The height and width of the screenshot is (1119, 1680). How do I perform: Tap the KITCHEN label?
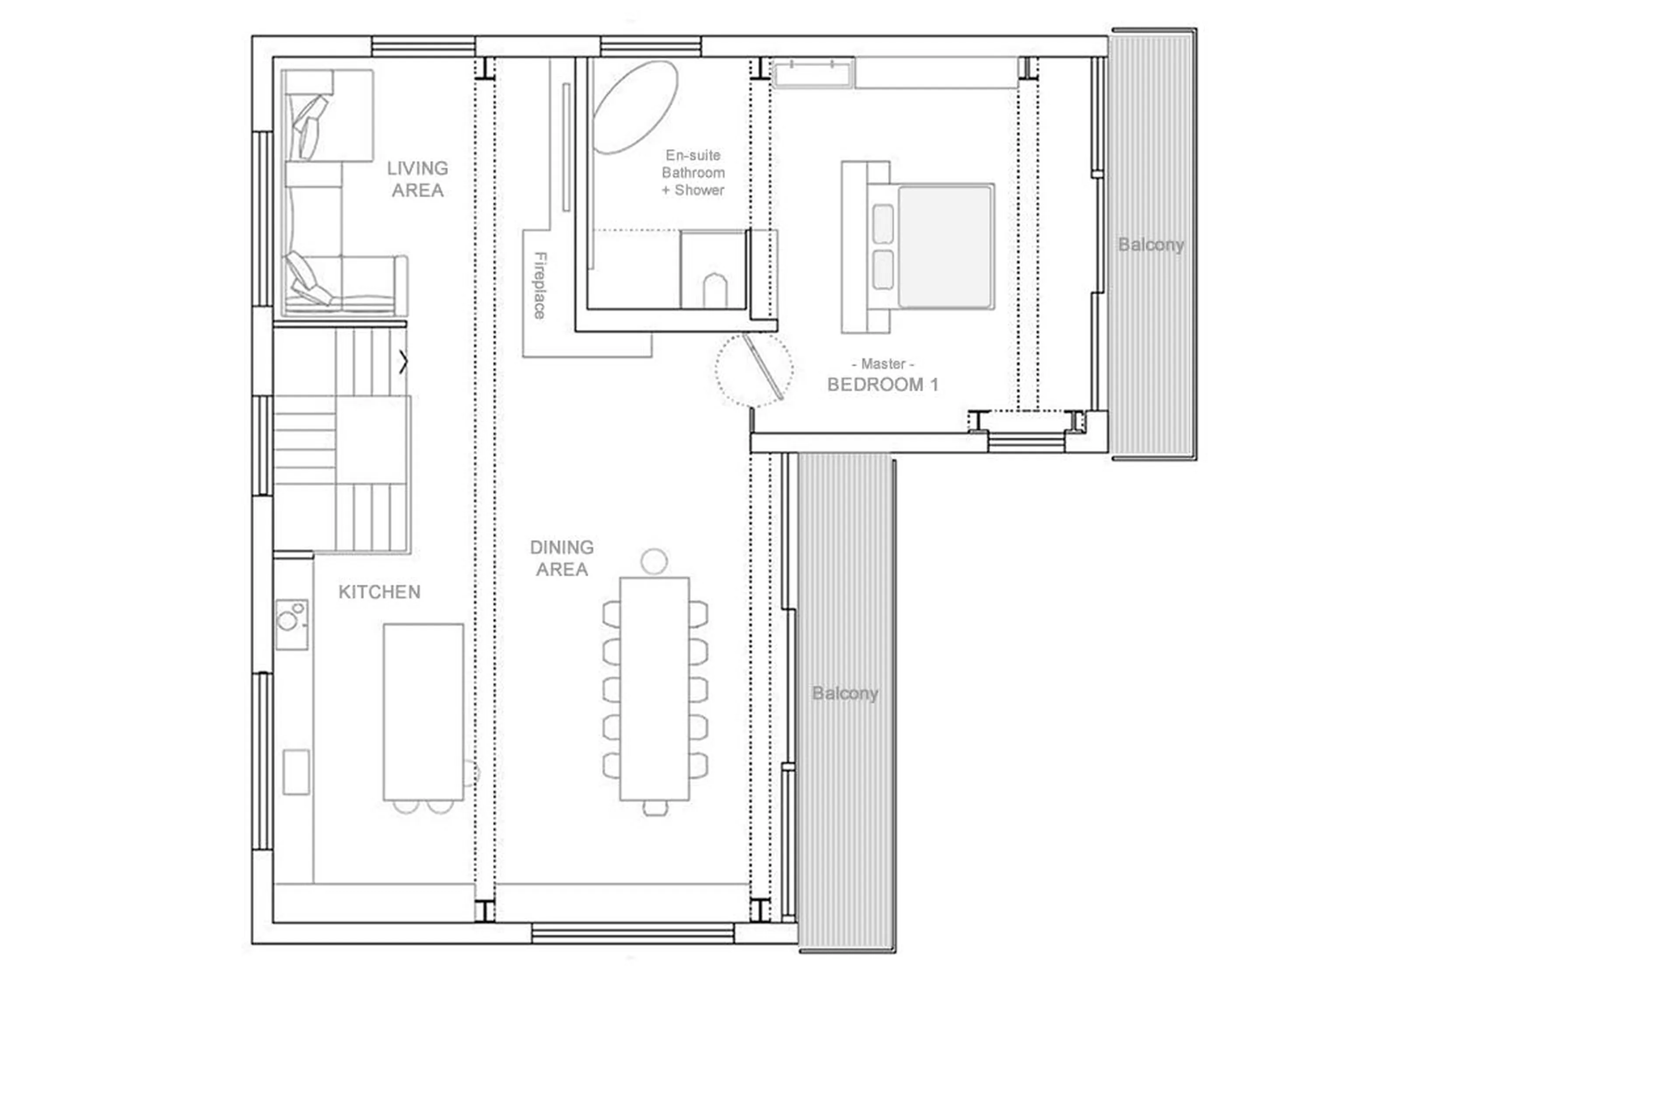pyautogui.click(x=379, y=592)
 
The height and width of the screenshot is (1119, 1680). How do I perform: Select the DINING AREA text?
pyautogui.click(x=561, y=558)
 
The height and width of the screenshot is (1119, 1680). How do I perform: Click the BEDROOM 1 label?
pyautogui.click(x=882, y=385)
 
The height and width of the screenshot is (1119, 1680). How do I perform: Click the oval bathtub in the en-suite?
pyautogui.click(x=634, y=107)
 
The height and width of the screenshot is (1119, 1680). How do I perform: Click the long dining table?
pyautogui.click(x=654, y=689)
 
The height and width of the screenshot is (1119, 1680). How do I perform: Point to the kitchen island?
pyautogui.click(x=423, y=711)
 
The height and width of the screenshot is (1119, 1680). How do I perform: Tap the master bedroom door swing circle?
pyautogui.click(x=753, y=369)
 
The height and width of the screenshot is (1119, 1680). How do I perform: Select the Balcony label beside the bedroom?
pyautogui.click(x=1150, y=245)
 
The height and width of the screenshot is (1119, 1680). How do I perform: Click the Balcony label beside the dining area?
pyautogui.click(x=845, y=693)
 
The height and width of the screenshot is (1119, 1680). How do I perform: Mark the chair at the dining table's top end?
pyautogui.click(x=654, y=561)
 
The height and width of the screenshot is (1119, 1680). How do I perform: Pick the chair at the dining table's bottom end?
pyautogui.click(x=655, y=808)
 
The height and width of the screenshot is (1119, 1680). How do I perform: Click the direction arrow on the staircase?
pyautogui.click(x=403, y=363)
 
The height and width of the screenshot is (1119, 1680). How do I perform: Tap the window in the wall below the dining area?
pyautogui.click(x=633, y=933)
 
